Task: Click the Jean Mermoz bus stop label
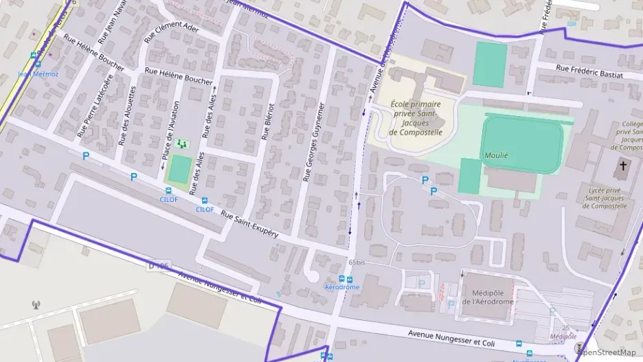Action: click(x=38, y=73)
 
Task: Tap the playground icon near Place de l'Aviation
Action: click(x=181, y=144)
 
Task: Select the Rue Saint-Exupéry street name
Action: click(x=249, y=225)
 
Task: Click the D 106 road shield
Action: click(x=158, y=266)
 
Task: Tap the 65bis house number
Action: click(x=356, y=262)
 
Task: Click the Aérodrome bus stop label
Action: click(x=341, y=287)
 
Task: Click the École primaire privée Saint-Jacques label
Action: click(x=415, y=117)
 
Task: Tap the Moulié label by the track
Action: click(x=495, y=155)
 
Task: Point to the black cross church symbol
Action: click(x=624, y=166)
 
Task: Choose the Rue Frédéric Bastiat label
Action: click(x=589, y=71)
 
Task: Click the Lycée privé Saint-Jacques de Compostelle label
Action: click(x=607, y=197)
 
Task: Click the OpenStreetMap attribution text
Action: click(x=607, y=352)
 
